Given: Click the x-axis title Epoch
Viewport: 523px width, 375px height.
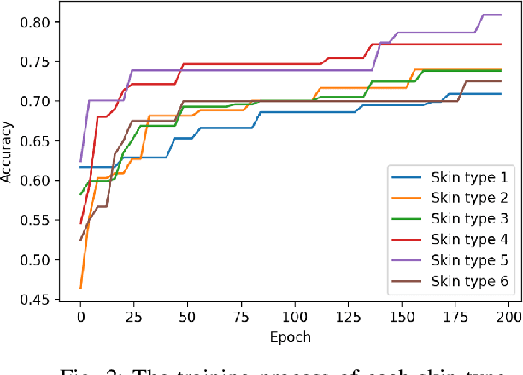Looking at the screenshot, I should point(293,336).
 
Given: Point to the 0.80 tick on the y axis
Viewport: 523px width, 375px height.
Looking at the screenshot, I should point(40,22).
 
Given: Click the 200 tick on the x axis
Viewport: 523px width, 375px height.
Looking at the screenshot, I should point(508,317).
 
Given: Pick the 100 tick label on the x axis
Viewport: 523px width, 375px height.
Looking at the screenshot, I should point(294,317).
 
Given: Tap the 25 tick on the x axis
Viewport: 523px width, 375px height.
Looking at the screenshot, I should point(134,317).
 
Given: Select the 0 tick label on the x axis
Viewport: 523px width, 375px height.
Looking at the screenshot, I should point(80,317).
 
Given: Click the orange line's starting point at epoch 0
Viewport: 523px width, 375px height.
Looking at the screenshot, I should point(80,288).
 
